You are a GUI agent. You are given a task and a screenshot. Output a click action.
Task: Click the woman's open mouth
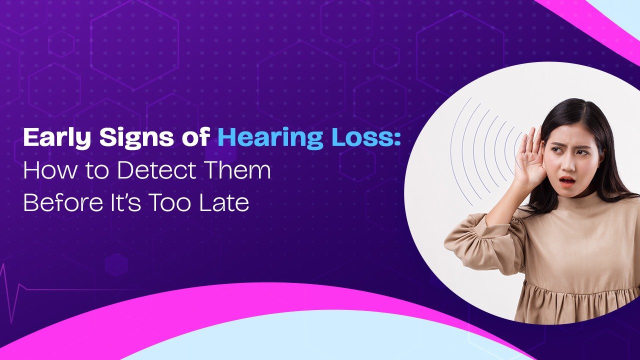(566, 180)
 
